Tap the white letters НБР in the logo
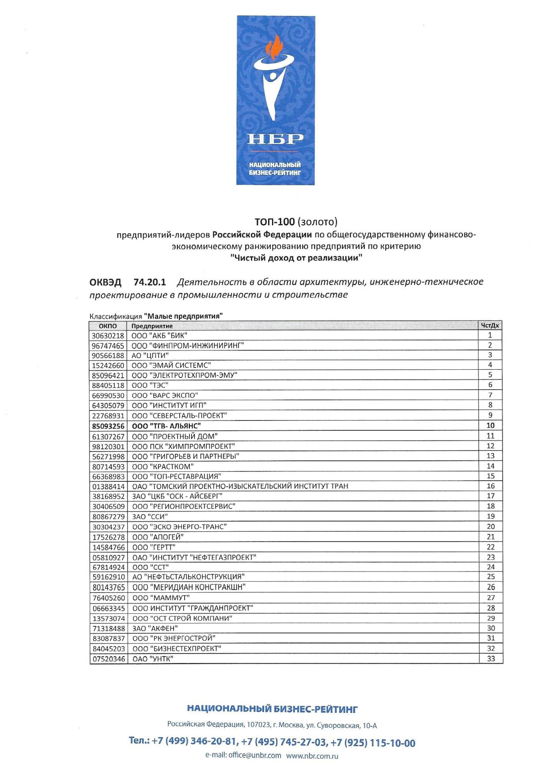coord(275,139)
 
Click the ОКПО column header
coord(108,326)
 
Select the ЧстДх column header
coord(490,326)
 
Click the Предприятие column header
coord(152,326)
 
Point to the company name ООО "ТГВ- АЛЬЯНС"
coord(166,426)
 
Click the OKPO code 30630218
coord(108,336)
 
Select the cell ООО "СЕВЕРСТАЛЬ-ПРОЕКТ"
coord(179,416)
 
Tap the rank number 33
coord(491,659)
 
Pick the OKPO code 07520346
coord(108,659)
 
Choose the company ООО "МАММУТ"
coord(161,598)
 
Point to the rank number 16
coord(491,486)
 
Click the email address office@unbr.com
coord(255,755)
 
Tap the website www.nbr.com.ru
coord(312,756)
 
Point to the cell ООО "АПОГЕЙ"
coord(158,537)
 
